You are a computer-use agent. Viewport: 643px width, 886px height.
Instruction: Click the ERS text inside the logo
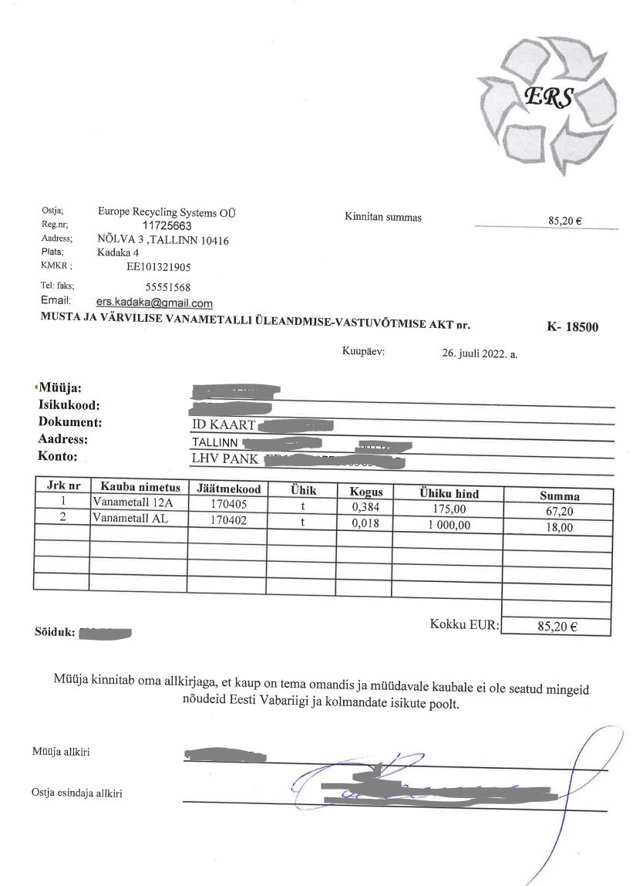click(x=548, y=96)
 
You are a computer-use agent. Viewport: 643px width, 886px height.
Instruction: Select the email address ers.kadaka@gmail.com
click(x=154, y=304)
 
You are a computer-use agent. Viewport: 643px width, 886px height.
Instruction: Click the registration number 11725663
click(x=167, y=226)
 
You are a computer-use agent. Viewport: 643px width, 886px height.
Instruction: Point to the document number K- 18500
click(x=572, y=326)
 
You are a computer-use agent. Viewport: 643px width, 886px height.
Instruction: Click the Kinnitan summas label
click(x=383, y=218)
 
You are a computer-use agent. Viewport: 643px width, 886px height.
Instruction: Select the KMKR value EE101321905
click(x=158, y=267)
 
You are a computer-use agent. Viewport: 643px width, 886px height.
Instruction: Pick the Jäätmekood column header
click(x=229, y=489)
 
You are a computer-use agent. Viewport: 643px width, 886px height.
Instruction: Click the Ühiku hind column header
click(x=449, y=493)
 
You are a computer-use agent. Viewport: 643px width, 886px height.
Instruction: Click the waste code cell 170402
click(x=228, y=520)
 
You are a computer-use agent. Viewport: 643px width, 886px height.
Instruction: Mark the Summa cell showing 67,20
click(x=557, y=511)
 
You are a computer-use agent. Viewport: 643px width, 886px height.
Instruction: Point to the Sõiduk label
click(x=55, y=633)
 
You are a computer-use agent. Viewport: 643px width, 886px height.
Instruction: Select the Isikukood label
click(x=70, y=405)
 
